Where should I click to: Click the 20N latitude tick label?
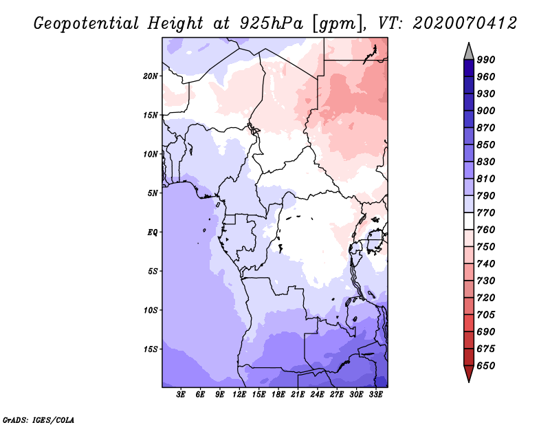pyautogui.click(x=151, y=76)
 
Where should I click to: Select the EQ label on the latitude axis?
pyautogui.click(x=153, y=232)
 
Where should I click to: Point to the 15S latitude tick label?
pyautogui.click(x=151, y=349)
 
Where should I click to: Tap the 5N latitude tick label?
pyautogui.click(x=153, y=193)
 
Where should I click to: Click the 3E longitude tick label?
pyautogui.click(x=181, y=395)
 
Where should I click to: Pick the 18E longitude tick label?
pyautogui.click(x=278, y=395)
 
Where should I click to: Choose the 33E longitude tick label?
pyautogui.click(x=375, y=395)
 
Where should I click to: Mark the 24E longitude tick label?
pyautogui.click(x=318, y=395)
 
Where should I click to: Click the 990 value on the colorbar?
pyautogui.click(x=486, y=60)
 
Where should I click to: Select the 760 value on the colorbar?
pyautogui.click(x=486, y=230)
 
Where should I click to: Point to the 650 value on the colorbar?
pyautogui.click(x=486, y=366)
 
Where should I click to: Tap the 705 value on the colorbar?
pyautogui.click(x=486, y=315)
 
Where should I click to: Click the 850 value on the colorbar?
pyautogui.click(x=486, y=145)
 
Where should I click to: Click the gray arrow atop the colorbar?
pyautogui.click(x=469, y=51)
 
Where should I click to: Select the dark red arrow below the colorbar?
pyautogui.click(x=469, y=373)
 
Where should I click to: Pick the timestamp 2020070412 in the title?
pyautogui.click(x=464, y=23)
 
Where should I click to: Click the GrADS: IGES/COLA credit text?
pyautogui.click(x=38, y=419)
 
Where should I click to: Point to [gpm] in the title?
pyautogui.click(x=336, y=23)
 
